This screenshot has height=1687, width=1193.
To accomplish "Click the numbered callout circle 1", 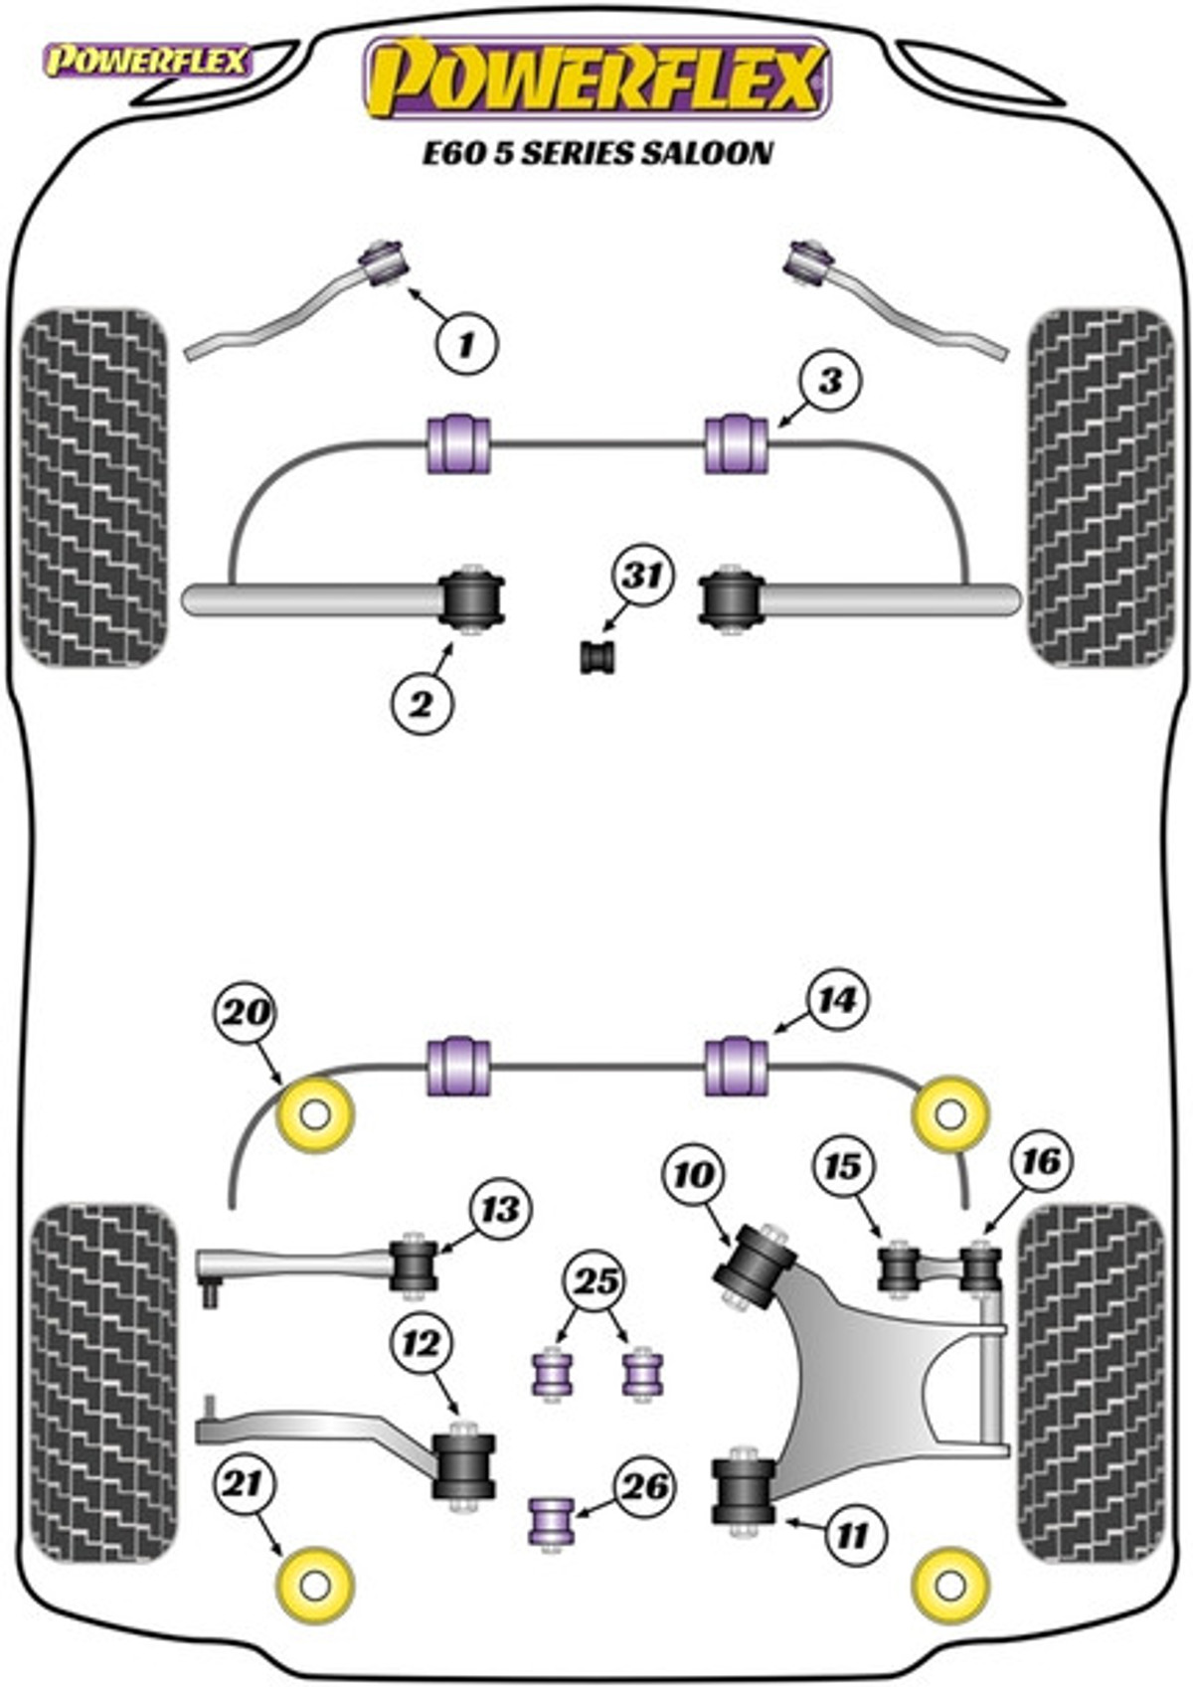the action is click(467, 345).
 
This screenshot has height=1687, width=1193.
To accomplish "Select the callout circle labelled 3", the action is click(829, 383).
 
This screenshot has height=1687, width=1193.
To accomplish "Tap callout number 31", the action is click(642, 577).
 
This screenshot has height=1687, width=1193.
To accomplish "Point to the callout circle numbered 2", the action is click(422, 704).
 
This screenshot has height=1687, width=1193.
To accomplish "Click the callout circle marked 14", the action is click(838, 1001).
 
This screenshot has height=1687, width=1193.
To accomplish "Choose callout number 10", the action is click(694, 1173).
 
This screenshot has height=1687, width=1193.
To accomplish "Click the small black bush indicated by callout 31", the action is click(598, 656).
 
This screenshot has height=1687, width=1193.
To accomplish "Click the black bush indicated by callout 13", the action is click(413, 1265).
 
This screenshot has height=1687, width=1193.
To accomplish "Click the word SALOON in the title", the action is click(707, 153).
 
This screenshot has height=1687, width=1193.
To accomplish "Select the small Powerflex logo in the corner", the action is click(146, 62).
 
